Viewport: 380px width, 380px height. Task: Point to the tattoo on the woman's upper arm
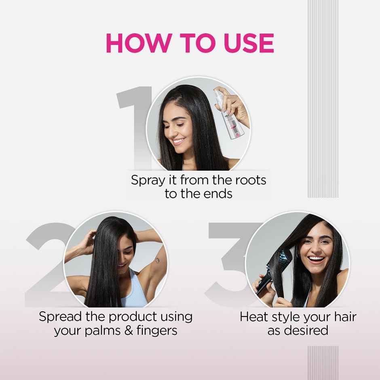[x=157, y=260]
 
